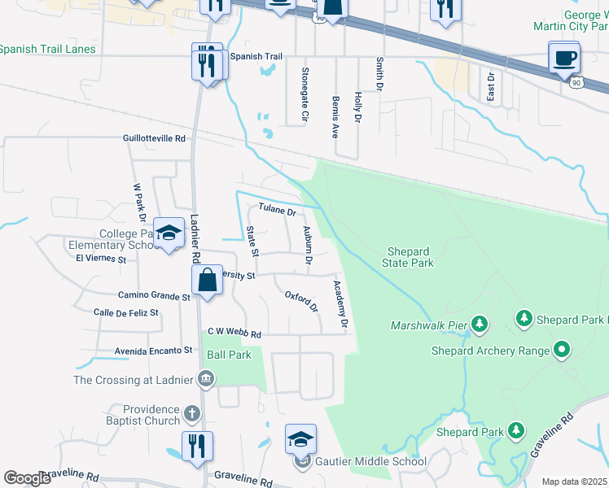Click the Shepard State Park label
coord(409,257)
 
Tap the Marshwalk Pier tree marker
coord(480,325)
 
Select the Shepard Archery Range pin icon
coord(561,351)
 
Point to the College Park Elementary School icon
coord(169,235)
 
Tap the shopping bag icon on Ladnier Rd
coord(207,280)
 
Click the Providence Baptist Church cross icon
coord(192,413)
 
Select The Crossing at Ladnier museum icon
coord(205,378)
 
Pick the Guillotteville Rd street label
coord(155,139)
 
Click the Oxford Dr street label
coord(300,300)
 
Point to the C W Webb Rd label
coord(234,333)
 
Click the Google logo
coord(28,477)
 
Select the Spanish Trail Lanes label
coord(47,50)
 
